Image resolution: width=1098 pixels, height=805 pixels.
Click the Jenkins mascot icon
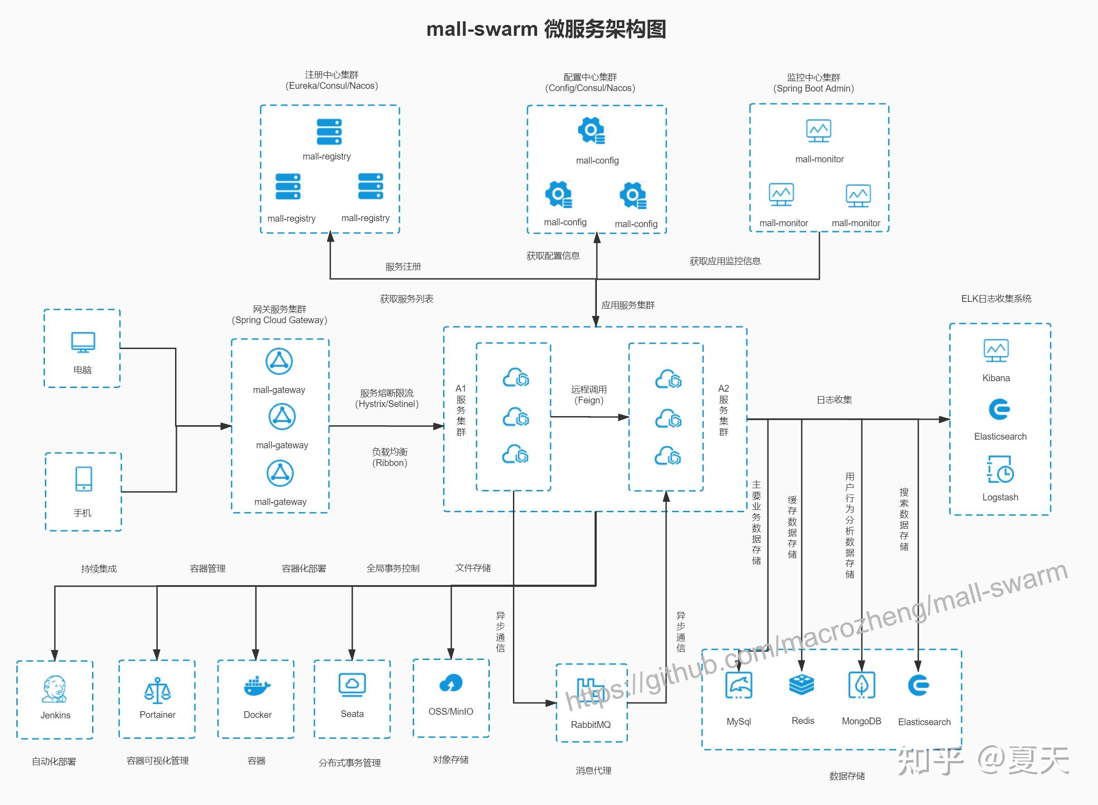[54, 689]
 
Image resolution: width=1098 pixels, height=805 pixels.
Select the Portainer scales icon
[157, 690]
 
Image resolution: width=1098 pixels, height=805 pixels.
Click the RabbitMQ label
[590, 725]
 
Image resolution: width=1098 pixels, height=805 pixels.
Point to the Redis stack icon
[801, 684]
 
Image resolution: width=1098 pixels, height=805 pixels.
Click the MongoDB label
[861, 721]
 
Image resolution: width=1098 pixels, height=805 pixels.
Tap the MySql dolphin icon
[739, 685]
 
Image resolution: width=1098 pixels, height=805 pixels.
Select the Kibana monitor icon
[996, 350]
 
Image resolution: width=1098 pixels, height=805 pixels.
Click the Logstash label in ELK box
[1000, 497]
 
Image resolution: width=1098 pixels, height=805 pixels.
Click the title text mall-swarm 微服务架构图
[546, 29]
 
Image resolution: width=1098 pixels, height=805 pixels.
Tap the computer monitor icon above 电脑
[83, 343]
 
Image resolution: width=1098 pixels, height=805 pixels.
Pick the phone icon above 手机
[84, 479]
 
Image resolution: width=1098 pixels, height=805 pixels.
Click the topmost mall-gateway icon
[279, 362]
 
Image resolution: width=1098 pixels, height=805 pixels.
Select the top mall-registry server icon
[329, 131]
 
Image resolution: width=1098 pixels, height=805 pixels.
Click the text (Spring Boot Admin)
[813, 89]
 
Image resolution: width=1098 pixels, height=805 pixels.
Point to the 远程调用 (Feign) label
[589, 395]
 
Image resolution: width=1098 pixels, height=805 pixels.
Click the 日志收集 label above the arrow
[834, 400]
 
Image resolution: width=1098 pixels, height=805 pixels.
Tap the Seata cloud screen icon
[352, 684]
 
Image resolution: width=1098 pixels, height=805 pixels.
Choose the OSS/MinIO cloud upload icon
[451, 683]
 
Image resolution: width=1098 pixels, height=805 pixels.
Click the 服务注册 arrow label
[403, 267]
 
